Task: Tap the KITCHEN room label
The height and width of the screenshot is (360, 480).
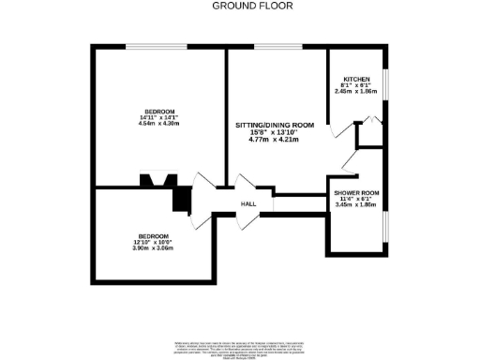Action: click(x=355, y=79)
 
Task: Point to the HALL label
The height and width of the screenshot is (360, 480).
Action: click(x=248, y=203)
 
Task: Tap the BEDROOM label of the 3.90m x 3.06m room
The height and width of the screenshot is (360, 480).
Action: click(x=154, y=235)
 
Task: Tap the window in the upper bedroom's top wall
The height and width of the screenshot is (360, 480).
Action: click(x=157, y=46)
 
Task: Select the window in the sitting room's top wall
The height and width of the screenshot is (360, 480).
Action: click(x=271, y=46)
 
